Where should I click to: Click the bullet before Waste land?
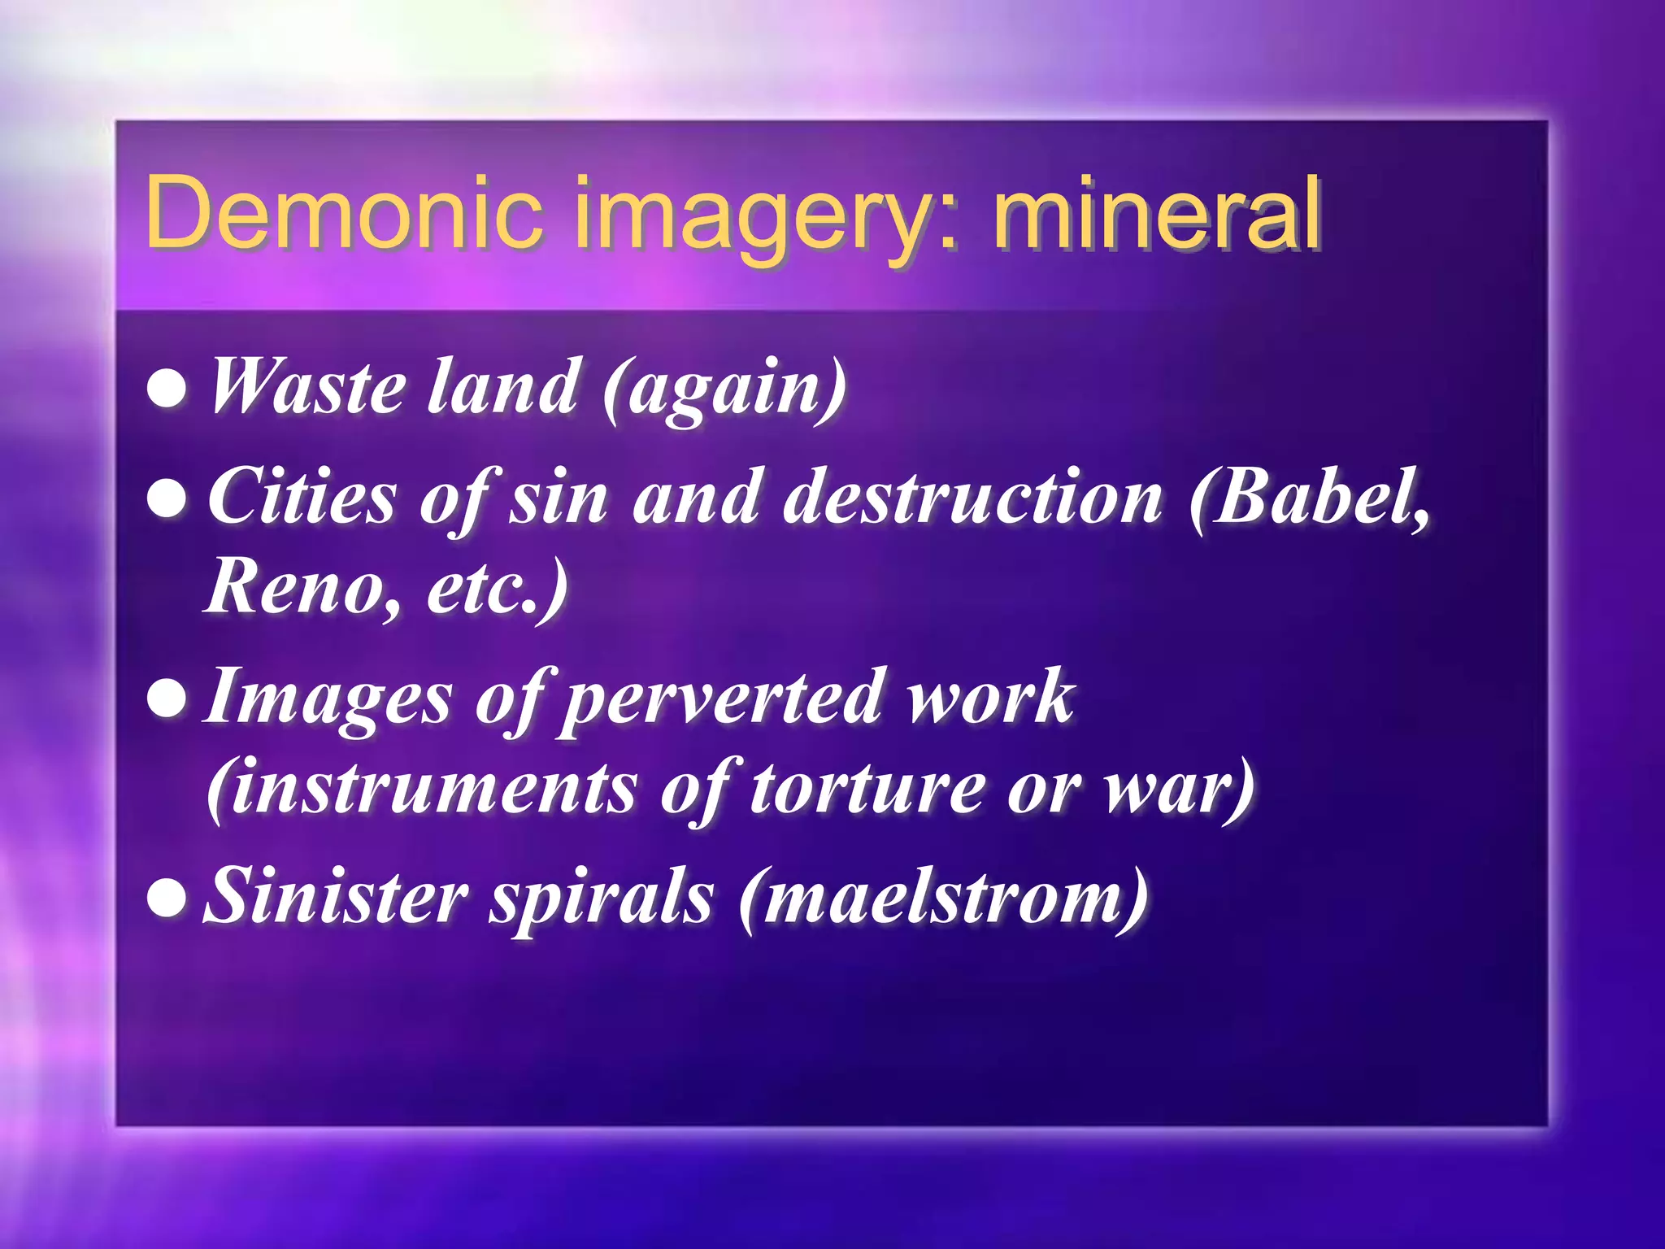[x=168, y=389]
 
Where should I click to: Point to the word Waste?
[x=307, y=388]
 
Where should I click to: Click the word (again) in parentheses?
[x=724, y=389]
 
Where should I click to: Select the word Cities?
[x=302, y=497]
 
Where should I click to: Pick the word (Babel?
[x=1308, y=497]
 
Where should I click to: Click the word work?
[x=991, y=697]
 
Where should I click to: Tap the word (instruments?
[x=422, y=788]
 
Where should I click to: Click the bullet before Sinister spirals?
[x=168, y=899]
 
